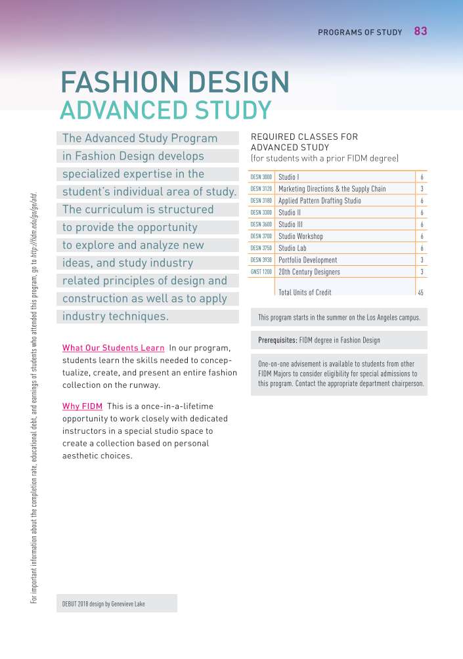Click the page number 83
(420, 31)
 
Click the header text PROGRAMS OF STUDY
(360, 32)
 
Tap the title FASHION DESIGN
(175, 82)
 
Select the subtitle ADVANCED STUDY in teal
(165, 110)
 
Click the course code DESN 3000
(261, 177)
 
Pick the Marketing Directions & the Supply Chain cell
(332, 189)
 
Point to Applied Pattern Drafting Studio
(319, 201)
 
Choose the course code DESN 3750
(261, 248)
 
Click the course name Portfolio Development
(307, 260)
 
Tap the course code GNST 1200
(261, 272)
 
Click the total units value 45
(420, 292)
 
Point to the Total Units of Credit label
(305, 292)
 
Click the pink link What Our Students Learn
(113, 348)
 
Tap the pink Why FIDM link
(81, 407)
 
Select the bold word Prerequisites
(277, 340)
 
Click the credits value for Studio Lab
(421, 248)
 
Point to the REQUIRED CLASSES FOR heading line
(304, 137)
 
